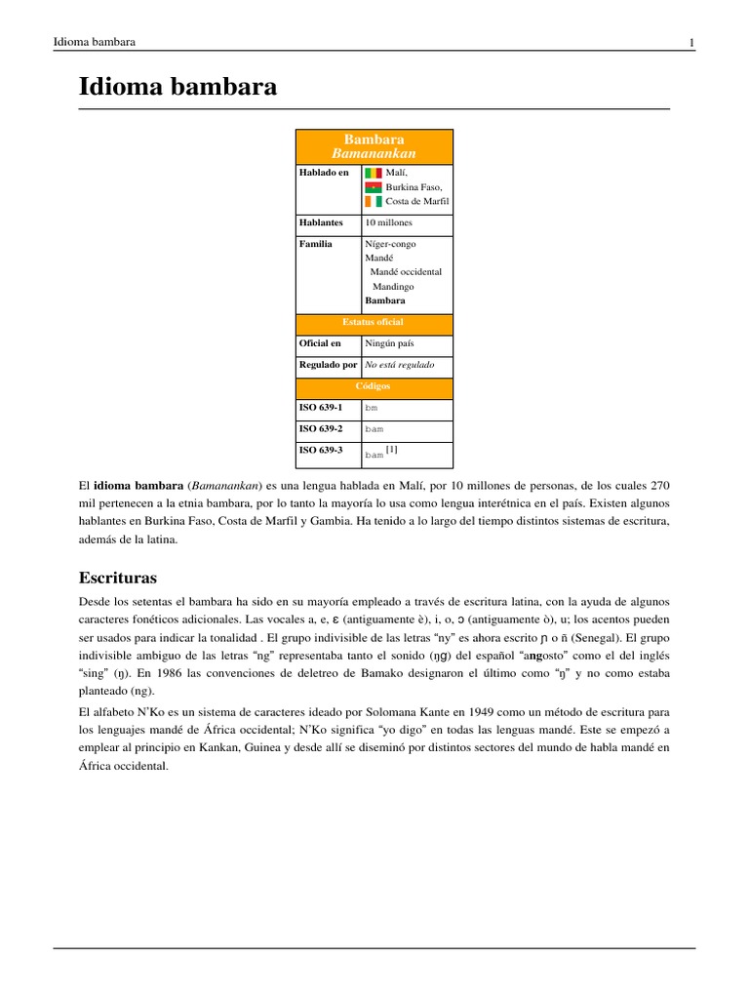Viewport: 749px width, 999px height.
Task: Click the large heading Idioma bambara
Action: coord(177,87)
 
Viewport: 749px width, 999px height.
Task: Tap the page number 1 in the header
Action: coord(691,43)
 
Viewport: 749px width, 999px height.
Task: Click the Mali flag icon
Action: coord(374,173)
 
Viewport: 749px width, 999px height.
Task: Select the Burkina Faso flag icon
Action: coord(374,187)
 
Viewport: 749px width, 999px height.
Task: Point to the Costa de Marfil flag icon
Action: coord(374,202)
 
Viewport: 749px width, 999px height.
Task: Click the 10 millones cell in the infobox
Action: coord(388,222)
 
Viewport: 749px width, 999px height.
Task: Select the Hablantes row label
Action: coord(322,222)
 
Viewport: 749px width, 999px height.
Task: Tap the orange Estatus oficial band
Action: coord(374,322)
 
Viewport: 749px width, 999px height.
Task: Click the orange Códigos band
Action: coord(374,386)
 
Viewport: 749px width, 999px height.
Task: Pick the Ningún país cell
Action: coord(389,343)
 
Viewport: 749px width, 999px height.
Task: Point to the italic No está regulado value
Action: coord(399,365)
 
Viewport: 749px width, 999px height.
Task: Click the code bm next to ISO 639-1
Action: coord(371,408)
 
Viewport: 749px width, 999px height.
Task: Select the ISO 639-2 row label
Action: coord(322,429)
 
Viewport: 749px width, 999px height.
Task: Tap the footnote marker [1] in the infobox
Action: coord(391,450)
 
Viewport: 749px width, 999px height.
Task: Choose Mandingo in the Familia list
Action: coord(393,287)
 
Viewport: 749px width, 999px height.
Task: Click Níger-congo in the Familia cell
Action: coord(389,244)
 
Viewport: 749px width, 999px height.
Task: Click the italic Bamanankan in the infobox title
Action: coord(374,154)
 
